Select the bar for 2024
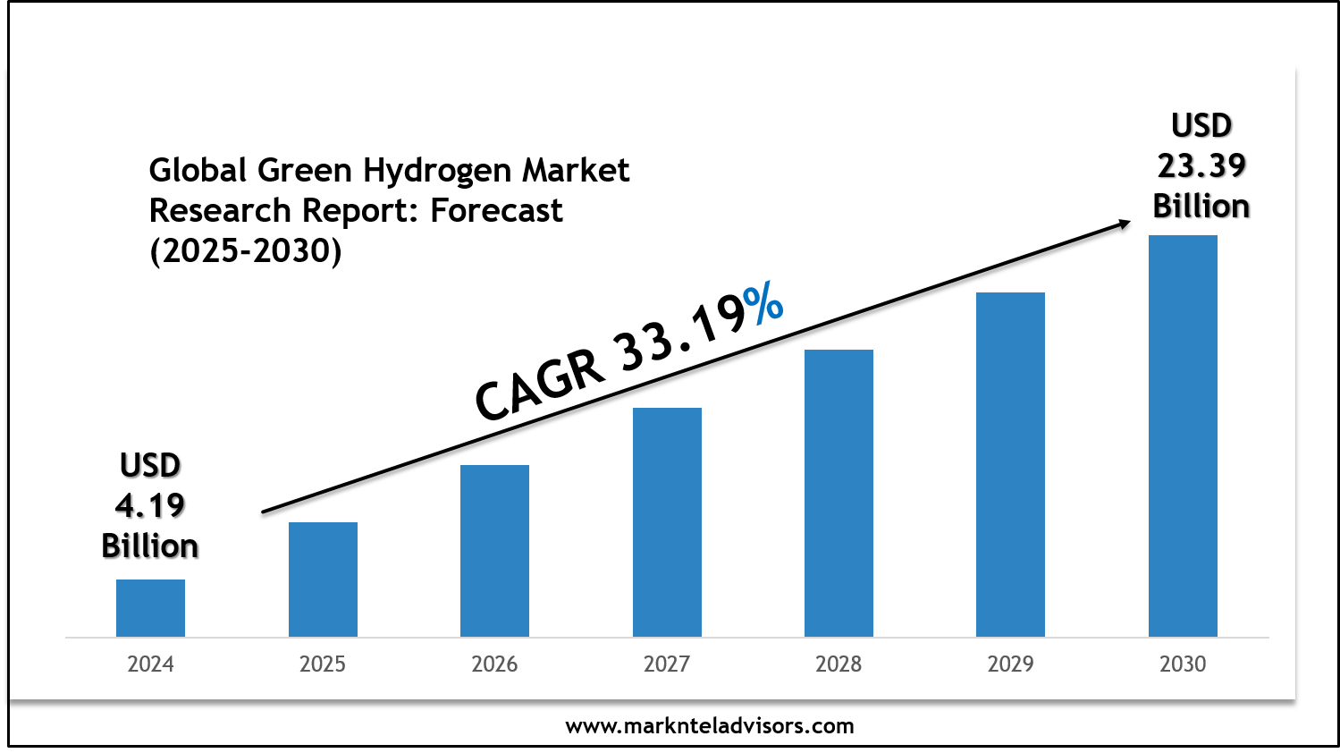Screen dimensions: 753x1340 (x=150, y=608)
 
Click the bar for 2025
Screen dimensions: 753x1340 (x=323, y=580)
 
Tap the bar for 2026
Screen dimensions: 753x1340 (x=494, y=551)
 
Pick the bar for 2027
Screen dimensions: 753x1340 (x=667, y=522)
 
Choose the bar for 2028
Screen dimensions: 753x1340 (x=839, y=493)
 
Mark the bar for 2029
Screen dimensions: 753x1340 (x=1010, y=464)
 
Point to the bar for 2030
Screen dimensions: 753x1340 (x=1183, y=436)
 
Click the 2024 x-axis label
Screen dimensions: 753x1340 (x=150, y=664)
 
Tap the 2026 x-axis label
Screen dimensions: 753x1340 (x=494, y=664)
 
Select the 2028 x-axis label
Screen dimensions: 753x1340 (x=839, y=664)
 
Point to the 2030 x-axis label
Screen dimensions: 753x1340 (x=1183, y=664)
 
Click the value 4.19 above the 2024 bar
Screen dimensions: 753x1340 (x=150, y=506)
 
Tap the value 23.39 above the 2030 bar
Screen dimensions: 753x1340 (x=1201, y=166)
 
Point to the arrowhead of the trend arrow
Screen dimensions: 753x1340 (x=1124, y=224)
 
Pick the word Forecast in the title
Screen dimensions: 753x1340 (x=497, y=211)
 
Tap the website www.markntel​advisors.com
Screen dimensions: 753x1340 (x=710, y=726)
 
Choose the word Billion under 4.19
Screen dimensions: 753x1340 (x=150, y=546)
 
